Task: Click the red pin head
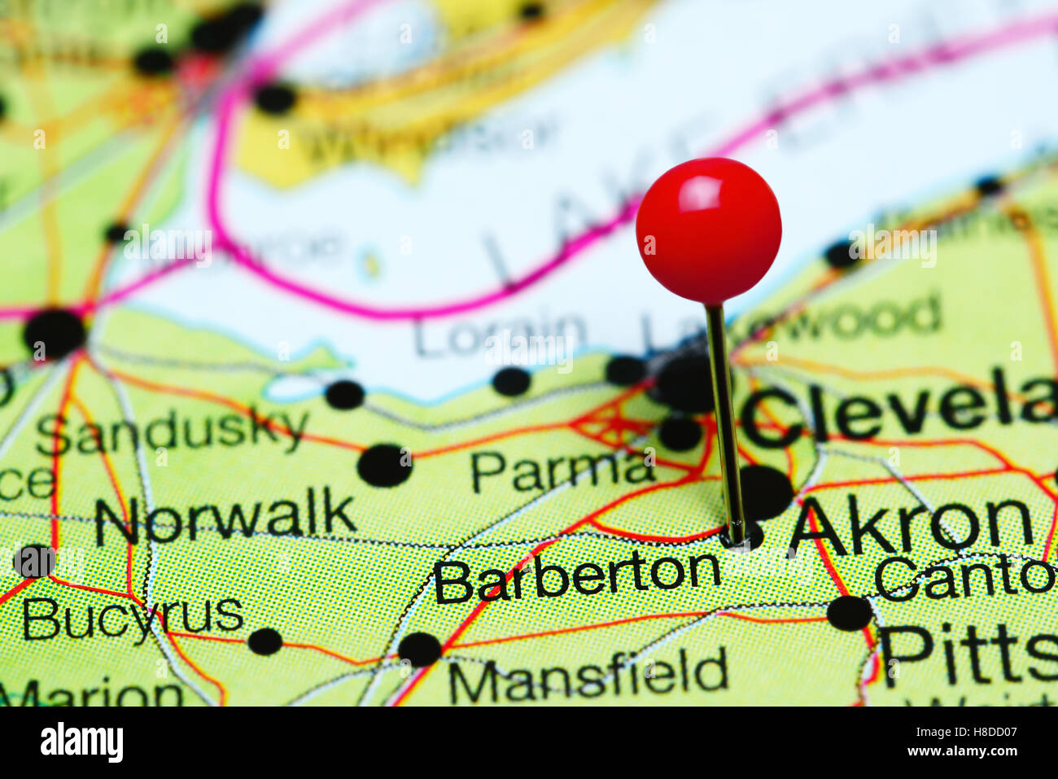708,230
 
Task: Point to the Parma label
562,470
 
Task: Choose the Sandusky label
172,431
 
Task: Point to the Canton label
964,576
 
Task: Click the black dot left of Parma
384,466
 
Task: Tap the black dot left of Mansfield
419,649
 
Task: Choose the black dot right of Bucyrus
264,641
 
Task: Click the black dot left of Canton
849,612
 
